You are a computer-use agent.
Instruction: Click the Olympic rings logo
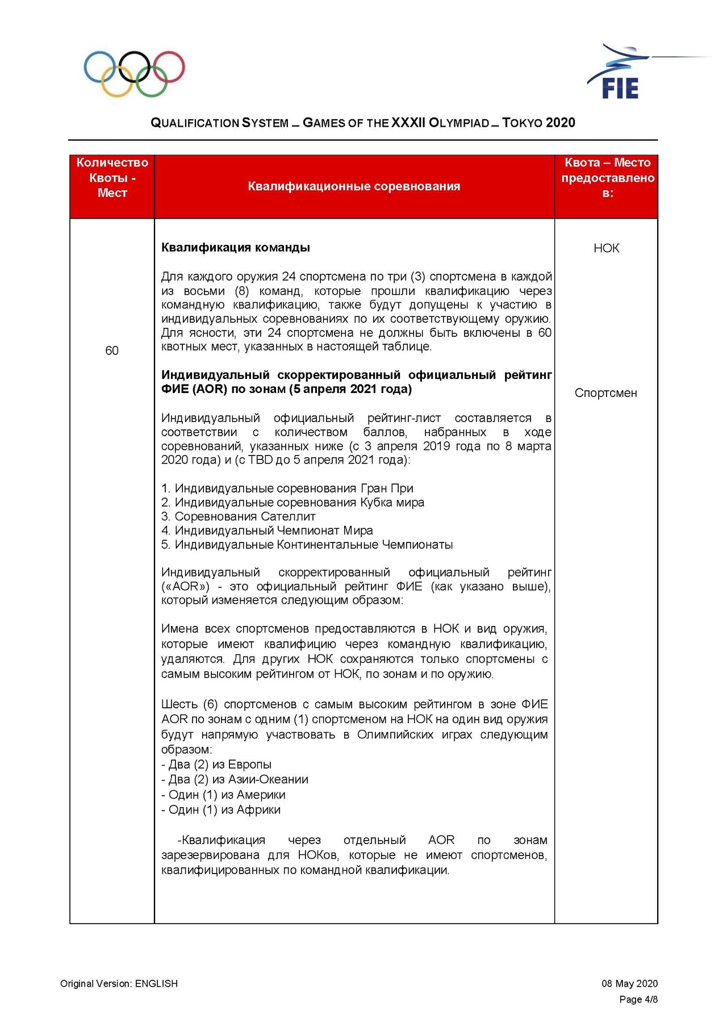(134, 74)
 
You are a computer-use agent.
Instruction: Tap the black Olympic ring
(134, 66)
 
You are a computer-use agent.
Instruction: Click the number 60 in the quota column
(112, 350)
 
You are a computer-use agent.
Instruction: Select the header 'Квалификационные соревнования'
(354, 186)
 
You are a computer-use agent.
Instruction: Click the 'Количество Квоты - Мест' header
(112, 178)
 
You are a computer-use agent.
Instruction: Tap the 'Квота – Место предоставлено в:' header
(607, 178)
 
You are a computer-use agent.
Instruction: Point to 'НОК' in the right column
(606, 248)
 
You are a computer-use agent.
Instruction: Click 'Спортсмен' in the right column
(605, 393)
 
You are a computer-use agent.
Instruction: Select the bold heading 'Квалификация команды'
(236, 248)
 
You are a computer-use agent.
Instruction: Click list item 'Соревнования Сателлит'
(239, 516)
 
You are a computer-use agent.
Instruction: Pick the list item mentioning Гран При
(287, 488)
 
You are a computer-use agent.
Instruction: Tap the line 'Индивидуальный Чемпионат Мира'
(268, 531)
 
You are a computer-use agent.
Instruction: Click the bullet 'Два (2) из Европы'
(217, 765)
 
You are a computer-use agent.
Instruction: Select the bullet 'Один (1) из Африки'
(222, 810)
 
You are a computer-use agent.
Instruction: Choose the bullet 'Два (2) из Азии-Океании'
(235, 779)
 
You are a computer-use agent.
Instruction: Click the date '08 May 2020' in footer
(629, 984)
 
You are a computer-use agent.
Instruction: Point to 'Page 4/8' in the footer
(638, 1000)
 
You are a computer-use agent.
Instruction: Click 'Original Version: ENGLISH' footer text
(119, 984)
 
